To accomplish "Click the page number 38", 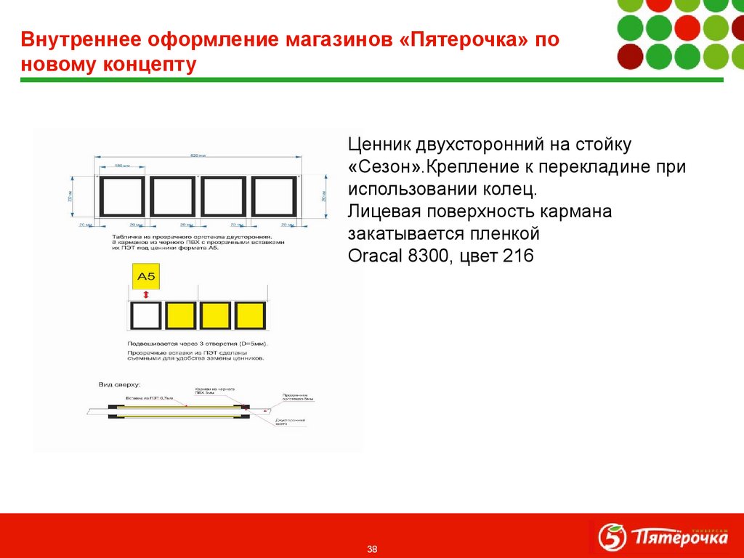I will [372, 548].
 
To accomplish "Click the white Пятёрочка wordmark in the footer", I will [679, 538].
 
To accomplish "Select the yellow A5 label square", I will [146, 277].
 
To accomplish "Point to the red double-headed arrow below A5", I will [146, 294].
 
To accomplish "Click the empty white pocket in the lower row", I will [145, 316].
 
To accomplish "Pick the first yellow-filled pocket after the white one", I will [180, 316].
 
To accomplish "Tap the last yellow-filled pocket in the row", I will [251, 316].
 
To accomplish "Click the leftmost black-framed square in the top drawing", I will [122, 197].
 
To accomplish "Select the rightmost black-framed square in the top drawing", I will [275, 197].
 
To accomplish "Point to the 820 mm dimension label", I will [198, 155].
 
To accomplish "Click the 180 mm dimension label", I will [121, 167].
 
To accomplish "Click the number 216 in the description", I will [517, 256].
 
